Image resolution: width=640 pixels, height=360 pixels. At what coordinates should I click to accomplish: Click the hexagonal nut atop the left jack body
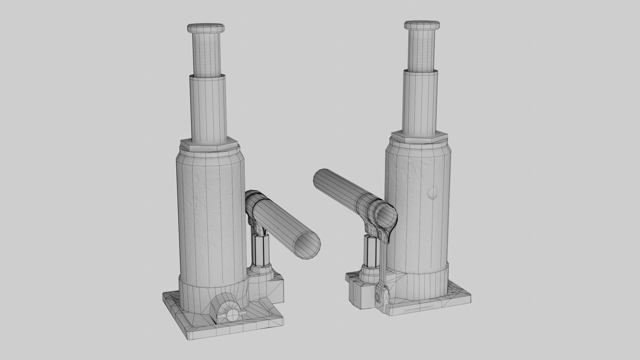click(209, 146)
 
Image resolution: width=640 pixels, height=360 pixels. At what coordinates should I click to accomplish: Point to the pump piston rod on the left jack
click(260, 250)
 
